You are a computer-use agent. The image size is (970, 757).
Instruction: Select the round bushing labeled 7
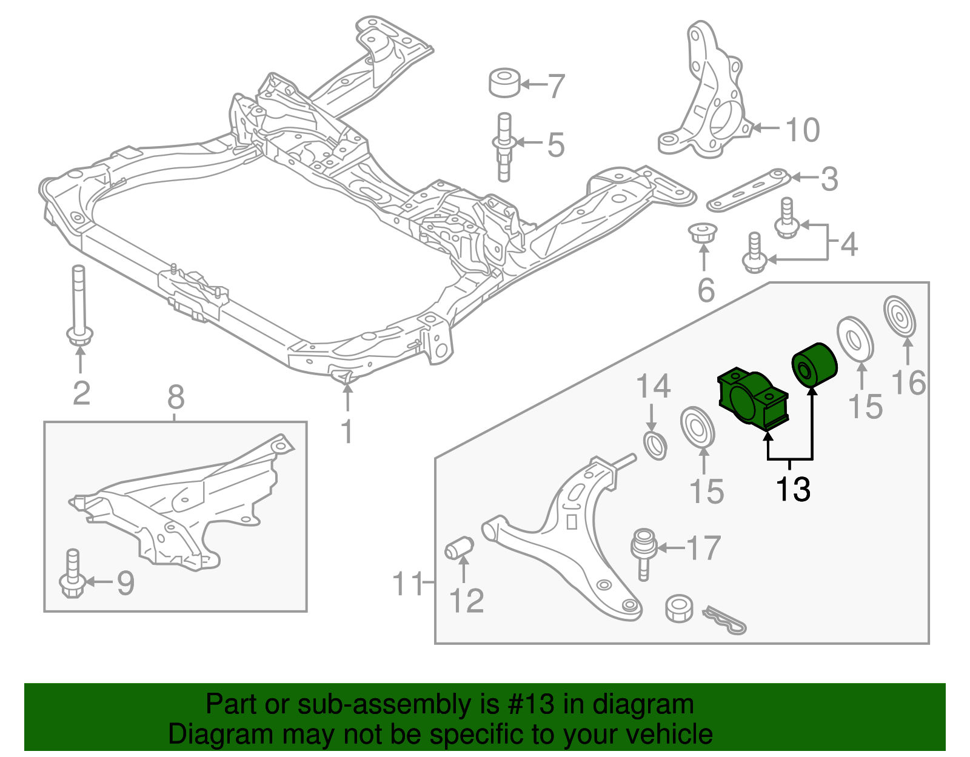(504, 83)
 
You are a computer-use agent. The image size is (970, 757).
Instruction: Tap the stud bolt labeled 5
(504, 147)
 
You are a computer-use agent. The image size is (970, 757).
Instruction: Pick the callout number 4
(849, 244)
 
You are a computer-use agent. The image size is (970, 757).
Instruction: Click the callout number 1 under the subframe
(347, 432)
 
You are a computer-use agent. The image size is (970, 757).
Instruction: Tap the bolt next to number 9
(73, 573)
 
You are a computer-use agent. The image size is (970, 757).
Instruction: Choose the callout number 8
(175, 398)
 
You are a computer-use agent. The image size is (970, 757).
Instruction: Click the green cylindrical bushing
(815, 364)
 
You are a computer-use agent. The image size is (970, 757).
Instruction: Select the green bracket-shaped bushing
(752, 401)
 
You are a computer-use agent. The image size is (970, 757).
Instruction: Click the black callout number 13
(793, 489)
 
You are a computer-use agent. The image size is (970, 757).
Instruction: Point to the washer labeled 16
(900, 315)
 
